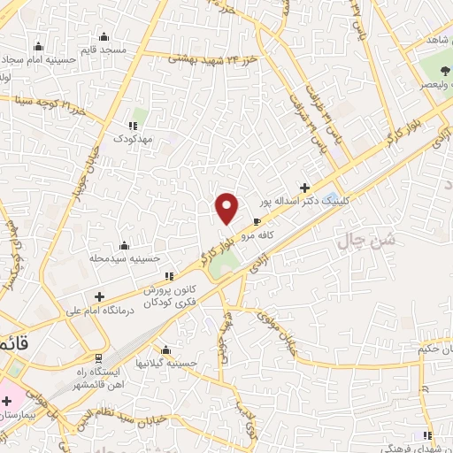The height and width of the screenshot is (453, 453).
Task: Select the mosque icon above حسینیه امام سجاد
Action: [x=38, y=46]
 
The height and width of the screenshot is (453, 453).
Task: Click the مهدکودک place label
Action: [x=138, y=139]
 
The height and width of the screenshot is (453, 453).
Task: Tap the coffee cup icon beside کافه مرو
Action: [x=257, y=222]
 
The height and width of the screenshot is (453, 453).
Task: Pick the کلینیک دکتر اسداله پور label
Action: [x=303, y=202]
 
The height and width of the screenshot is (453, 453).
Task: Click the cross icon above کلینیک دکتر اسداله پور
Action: [x=305, y=188]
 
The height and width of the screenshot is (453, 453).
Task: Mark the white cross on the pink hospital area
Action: [x=5, y=401]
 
